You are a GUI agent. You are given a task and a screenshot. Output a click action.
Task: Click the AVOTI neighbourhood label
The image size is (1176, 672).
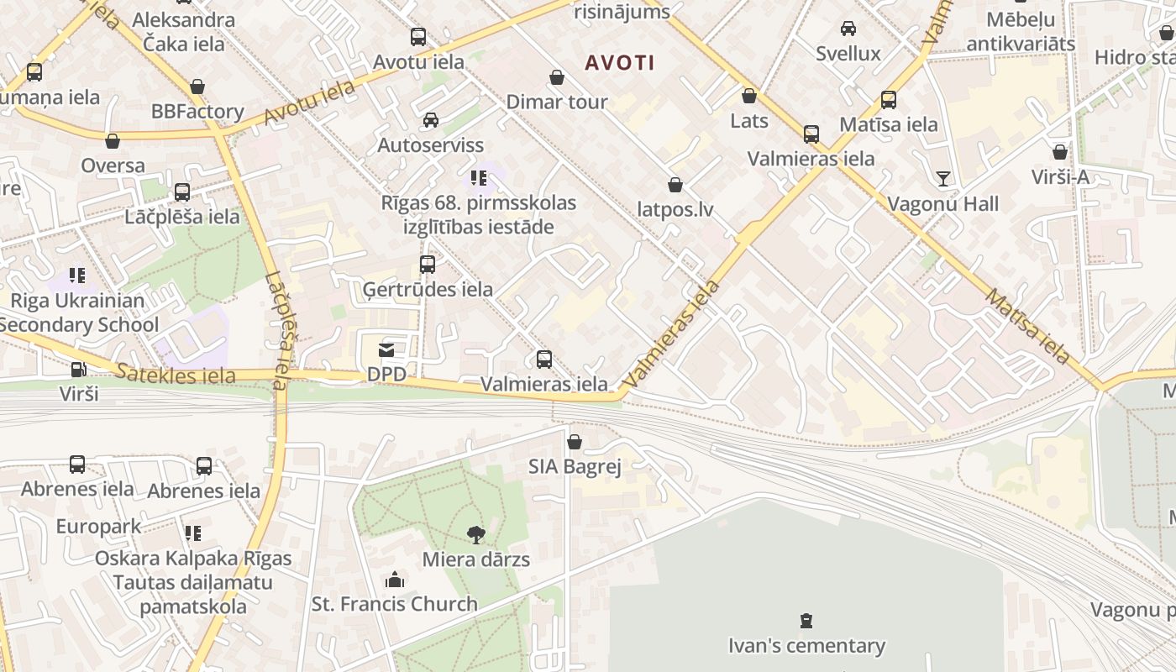point(619,62)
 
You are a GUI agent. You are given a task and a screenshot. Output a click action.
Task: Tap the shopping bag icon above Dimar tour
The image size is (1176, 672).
point(556,78)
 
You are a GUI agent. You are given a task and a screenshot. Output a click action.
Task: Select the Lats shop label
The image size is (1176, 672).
point(748,121)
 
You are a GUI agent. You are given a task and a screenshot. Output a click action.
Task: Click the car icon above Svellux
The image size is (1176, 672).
point(848,29)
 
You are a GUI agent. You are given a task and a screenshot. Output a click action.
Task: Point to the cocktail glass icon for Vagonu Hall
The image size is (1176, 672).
point(943,178)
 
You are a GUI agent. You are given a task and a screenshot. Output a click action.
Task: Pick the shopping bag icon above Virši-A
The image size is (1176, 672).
point(1060,152)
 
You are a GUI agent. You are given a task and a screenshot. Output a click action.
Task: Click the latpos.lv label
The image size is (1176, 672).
point(675,209)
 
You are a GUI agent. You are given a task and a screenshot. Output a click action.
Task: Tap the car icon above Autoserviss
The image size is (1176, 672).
point(430,120)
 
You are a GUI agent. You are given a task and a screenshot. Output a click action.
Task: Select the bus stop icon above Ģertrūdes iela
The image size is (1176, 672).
point(428,265)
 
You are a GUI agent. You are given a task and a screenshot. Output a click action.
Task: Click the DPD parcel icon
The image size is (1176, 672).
point(386,349)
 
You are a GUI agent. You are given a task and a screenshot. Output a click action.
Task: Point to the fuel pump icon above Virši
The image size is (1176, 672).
point(78,369)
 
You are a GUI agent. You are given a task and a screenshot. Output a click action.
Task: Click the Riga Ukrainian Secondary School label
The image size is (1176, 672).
point(78,312)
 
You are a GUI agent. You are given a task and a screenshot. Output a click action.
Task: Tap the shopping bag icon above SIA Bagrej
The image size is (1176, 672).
point(575,442)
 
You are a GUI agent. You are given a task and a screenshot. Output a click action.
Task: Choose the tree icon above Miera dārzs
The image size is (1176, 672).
point(475,534)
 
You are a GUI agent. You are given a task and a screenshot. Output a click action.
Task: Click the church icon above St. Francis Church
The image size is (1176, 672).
point(394,580)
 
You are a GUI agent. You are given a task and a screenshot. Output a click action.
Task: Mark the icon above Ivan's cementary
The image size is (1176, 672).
point(806,622)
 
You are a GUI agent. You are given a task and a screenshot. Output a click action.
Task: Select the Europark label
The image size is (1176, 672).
point(98,527)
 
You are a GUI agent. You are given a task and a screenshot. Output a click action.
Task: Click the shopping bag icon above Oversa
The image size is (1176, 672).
point(113,141)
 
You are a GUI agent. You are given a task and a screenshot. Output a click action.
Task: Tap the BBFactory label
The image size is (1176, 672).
point(197,112)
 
